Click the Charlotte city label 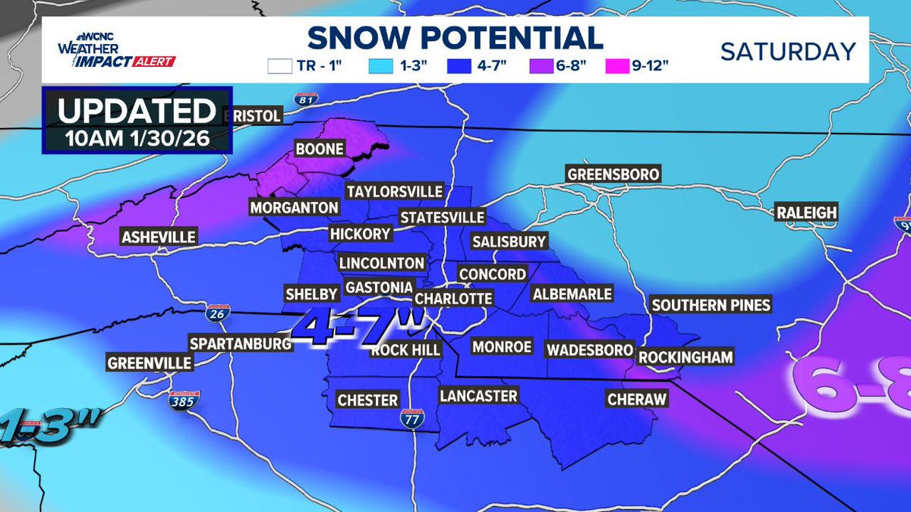point(453,298)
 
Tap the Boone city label point(320,149)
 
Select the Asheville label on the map point(159,237)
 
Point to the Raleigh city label point(805,213)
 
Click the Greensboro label point(613,174)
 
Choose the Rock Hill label point(405,350)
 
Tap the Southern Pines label point(711,305)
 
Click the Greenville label point(149,363)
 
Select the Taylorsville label point(394,191)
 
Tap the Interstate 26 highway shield point(215,312)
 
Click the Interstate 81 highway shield point(305,98)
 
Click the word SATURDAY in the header point(787,52)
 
